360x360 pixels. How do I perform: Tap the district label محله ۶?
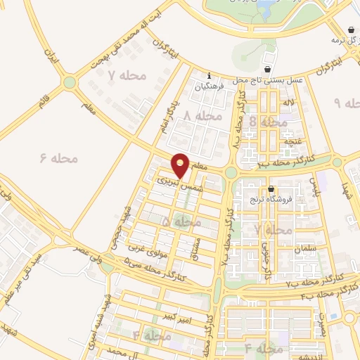pyautogui.click(x=59, y=157)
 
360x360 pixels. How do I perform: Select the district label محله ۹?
pyautogui.click(x=346, y=103)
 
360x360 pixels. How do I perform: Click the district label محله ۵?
pyautogui.click(x=181, y=222)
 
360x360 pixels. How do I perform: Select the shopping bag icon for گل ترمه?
pyautogui.click(x=351, y=30)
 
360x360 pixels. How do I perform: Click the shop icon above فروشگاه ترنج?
pyautogui.click(x=272, y=188)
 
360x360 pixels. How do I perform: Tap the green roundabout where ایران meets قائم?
pyautogui.click(x=69, y=83)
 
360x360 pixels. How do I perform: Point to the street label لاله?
pyautogui.click(x=288, y=103)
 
